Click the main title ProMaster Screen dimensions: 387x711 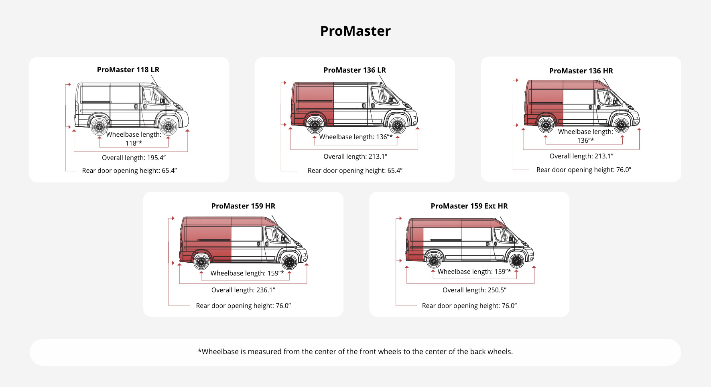click(x=355, y=31)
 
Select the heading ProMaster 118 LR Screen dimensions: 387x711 click(x=128, y=69)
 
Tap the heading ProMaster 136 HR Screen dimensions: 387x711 click(x=581, y=71)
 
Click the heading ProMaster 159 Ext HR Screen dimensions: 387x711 click(x=469, y=206)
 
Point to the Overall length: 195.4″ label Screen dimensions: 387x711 click(x=134, y=158)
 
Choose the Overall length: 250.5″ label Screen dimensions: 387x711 click(x=474, y=290)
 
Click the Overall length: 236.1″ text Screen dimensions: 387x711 click(x=243, y=290)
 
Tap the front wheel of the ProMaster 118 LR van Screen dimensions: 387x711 click(x=169, y=127)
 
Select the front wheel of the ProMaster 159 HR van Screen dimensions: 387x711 click(x=289, y=263)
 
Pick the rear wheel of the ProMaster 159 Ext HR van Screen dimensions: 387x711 click(x=433, y=261)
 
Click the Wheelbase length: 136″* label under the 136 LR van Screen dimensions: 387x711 click(x=355, y=137)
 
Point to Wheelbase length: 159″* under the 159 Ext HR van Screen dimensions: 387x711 click(x=474, y=272)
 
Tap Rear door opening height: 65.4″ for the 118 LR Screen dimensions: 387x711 click(x=129, y=170)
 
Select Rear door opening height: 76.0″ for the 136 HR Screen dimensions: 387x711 click(x=583, y=170)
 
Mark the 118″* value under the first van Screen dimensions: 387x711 click(x=134, y=143)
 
